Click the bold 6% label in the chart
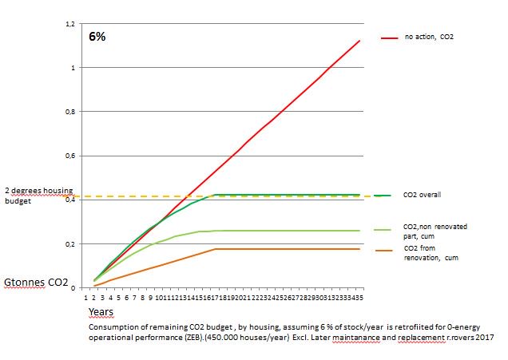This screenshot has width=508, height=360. [98, 38]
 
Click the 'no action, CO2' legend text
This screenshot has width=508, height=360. [431, 38]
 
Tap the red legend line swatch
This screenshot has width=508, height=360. [389, 38]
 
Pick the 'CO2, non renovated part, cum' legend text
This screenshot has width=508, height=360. [435, 231]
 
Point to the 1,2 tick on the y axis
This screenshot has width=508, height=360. [69, 24]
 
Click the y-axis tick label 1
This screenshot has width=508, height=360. [72, 68]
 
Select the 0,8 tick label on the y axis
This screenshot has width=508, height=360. [69, 112]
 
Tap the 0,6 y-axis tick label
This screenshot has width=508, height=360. [69, 156]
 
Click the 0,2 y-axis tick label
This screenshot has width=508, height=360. [69, 243]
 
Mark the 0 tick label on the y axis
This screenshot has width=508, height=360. [72, 287]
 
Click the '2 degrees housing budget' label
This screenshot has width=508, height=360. [39, 196]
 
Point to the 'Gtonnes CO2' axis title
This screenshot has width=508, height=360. [37, 283]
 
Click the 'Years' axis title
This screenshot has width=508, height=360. [101, 312]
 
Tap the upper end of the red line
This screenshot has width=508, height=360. [360, 41]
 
